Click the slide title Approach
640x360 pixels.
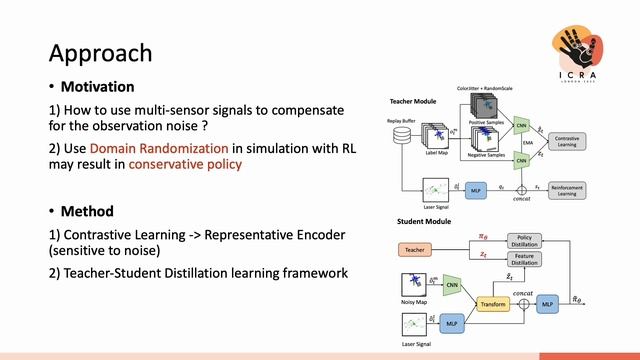click(x=101, y=52)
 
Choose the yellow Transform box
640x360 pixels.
click(x=493, y=305)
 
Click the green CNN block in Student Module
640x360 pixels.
click(x=451, y=285)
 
